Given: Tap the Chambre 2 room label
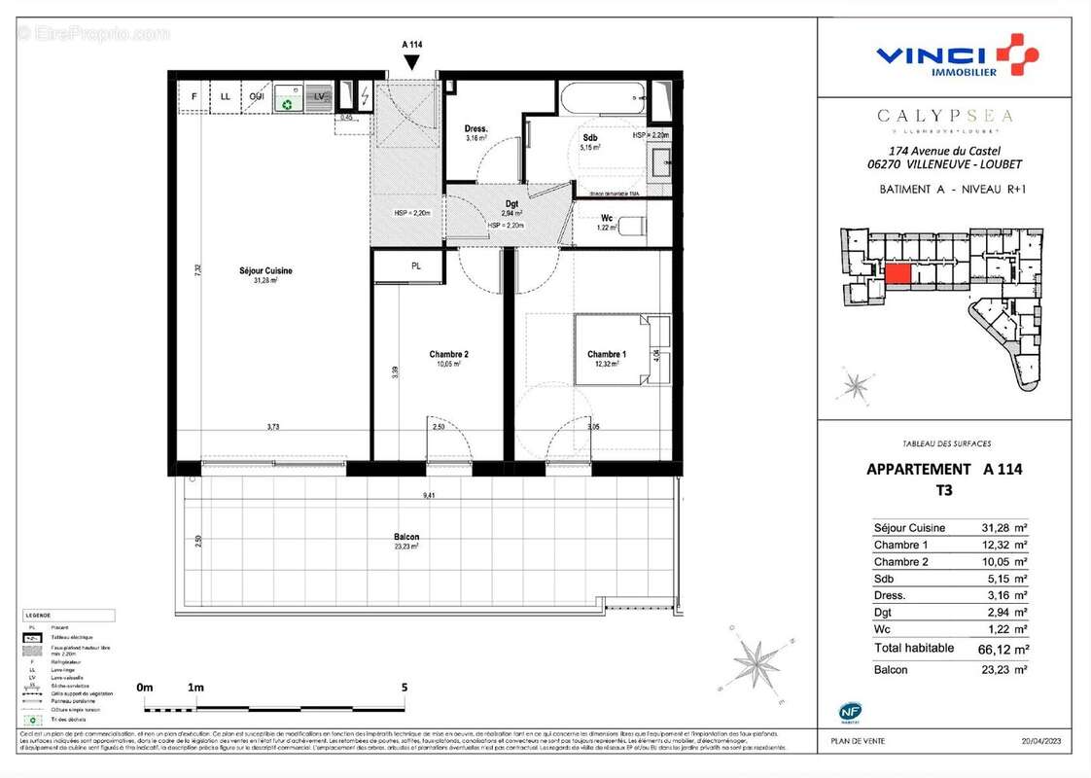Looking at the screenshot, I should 449,354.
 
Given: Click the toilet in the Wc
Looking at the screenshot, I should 632,227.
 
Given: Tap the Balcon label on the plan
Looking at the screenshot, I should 407,538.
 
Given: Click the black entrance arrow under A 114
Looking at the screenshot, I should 412,62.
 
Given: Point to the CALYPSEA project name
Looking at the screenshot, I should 944,116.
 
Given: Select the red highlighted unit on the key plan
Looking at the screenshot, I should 897,274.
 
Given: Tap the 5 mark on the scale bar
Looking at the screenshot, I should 404,688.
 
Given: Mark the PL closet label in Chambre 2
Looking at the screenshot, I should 416,265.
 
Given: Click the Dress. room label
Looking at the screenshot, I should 475,128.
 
